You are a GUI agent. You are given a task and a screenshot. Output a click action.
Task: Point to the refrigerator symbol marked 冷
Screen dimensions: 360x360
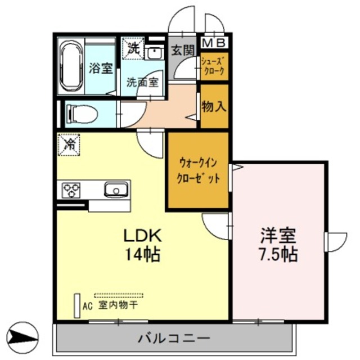click(x=69, y=145)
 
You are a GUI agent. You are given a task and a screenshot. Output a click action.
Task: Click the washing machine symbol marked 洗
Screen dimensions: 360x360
click(x=133, y=48)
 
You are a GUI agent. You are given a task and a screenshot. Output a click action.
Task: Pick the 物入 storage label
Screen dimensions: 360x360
click(x=215, y=106)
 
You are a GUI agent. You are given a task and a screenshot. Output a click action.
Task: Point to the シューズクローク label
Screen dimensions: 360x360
click(x=214, y=66)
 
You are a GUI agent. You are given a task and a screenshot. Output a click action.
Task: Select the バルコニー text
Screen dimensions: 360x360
click(x=174, y=339)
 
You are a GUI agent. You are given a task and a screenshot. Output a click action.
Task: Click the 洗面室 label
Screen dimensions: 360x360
click(x=142, y=81)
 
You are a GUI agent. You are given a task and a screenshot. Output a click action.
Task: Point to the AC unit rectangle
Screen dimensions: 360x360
click(x=76, y=305)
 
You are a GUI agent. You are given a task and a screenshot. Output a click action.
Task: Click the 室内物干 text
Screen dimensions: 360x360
click(x=118, y=305)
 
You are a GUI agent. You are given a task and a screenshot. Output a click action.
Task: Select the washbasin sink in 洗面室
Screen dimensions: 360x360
click(x=153, y=52)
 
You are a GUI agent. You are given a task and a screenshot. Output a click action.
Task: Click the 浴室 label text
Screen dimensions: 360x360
click(x=101, y=69)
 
